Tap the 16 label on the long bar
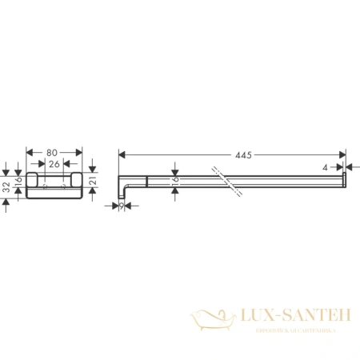point(175,181)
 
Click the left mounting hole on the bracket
point(45,185)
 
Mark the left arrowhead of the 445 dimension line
point(122,154)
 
